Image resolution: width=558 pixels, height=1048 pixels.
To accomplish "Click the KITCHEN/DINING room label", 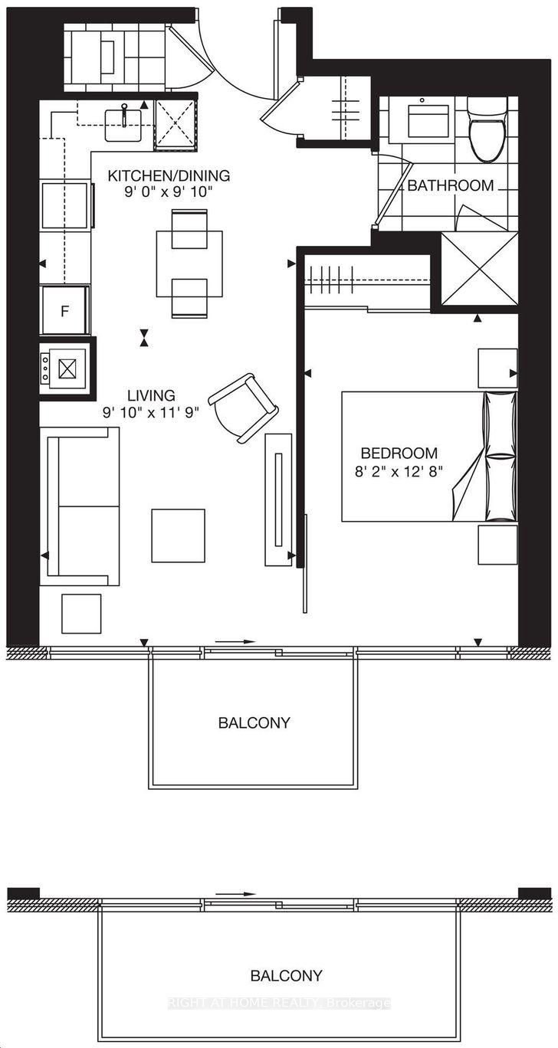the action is (169, 176).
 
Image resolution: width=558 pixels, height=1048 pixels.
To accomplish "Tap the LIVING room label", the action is (151, 396).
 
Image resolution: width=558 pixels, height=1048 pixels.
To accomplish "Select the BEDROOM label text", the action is (399, 453).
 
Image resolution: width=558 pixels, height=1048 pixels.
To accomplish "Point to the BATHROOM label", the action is (451, 185).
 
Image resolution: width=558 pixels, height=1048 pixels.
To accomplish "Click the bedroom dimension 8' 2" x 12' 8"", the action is (399, 471).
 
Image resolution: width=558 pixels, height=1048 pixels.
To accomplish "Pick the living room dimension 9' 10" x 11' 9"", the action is (151, 413).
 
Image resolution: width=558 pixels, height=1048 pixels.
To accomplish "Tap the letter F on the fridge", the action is (65, 311).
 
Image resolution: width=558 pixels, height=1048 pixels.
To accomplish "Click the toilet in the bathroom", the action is (487, 129).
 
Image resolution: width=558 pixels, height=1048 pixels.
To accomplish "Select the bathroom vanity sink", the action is (428, 121).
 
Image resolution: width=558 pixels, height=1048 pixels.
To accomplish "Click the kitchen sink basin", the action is (123, 125).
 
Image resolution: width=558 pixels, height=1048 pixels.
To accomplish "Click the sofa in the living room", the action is (80, 506).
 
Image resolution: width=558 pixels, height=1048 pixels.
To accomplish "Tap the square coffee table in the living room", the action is (179, 535).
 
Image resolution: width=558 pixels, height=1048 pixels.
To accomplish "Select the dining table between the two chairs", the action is (189, 264).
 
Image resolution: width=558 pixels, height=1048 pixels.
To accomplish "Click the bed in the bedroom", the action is (429, 456).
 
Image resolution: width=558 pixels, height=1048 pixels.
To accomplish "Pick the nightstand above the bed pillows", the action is (497, 368).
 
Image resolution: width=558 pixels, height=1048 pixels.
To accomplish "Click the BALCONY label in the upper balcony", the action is (254, 723).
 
